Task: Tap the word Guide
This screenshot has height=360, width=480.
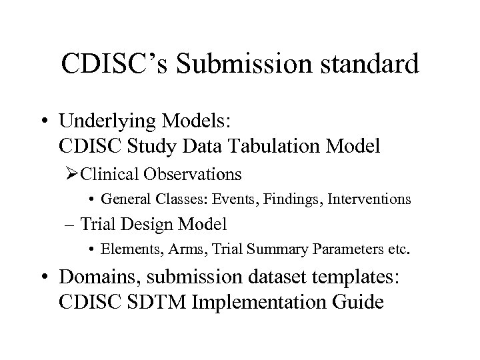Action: [359, 301]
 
